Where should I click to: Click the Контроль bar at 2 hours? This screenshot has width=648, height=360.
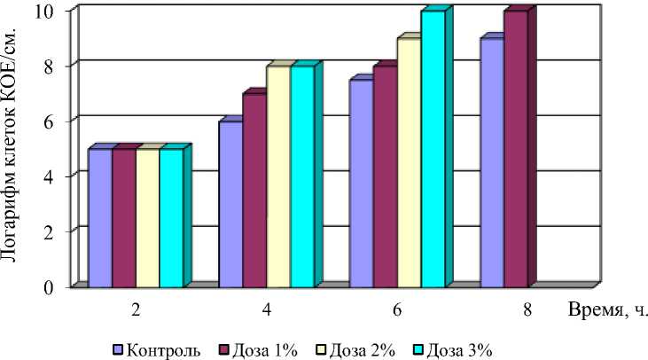pos(100,217)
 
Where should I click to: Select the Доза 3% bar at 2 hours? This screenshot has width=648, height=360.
pos(171,217)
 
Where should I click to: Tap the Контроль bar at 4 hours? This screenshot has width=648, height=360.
pos(230,204)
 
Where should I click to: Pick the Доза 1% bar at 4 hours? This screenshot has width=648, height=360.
pos(254,191)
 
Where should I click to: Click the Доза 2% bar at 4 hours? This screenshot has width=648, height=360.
pos(278,176)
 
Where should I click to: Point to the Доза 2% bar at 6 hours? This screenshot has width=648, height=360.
pos(409,162)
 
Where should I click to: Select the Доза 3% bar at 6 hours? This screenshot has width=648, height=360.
pos(433,149)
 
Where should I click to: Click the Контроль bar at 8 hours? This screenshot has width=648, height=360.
pos(492,162)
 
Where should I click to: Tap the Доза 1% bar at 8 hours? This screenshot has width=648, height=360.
pos(516,149)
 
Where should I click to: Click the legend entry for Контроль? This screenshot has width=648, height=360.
pos(156,346)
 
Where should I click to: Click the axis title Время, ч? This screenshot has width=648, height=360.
pos(605,311)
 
